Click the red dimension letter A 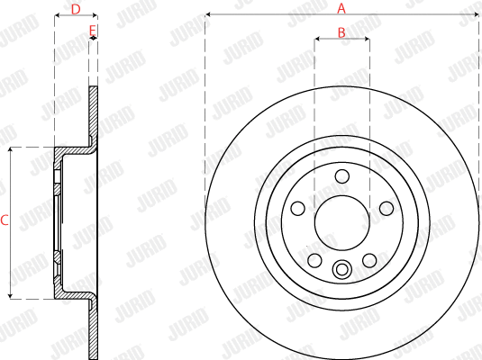point(341,8)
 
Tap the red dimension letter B point(341,32)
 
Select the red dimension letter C point(5,220)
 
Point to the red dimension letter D point(76,9)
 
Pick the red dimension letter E point(92,31)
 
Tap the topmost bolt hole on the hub point(341,175)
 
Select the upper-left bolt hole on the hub point(298,208)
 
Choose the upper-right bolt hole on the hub point(385,208)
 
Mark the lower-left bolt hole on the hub point(314,260)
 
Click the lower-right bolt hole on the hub point(368,260)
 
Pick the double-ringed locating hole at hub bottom point(341,268)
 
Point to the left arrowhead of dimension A point(208,15)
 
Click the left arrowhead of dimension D point(58,16)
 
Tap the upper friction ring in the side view point(93,112)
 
